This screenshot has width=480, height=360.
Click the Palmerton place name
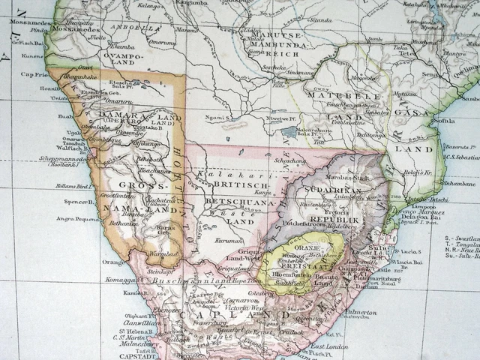point(361,312)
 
